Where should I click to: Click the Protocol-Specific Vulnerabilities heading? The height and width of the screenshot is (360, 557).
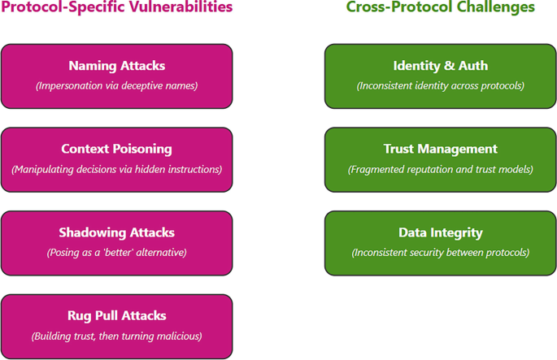coord(116,7)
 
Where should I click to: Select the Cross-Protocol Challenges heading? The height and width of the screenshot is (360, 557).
coord(440,7)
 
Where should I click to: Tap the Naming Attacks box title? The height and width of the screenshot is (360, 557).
coord(116,66)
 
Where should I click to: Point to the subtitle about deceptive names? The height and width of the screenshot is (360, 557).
coord(116,85)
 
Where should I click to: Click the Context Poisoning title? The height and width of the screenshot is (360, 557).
coord(116,150)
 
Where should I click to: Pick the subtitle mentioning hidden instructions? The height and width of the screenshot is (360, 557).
coord(116,169)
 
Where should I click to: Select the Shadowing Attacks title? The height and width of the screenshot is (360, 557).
coord(116,232)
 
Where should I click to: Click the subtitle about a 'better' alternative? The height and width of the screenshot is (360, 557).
coord(116,252)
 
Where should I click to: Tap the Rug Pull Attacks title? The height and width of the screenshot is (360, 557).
coord(116,316)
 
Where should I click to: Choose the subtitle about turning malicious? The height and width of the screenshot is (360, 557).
coord(116,336)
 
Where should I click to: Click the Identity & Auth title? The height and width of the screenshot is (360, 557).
coord(440,66)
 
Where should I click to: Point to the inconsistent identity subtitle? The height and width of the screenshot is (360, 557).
coord(440,85)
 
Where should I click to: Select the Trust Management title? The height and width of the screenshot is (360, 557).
coord(440,150)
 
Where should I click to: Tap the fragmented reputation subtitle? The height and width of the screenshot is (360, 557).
coord(440,169)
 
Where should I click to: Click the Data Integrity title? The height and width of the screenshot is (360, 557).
coord(440,232)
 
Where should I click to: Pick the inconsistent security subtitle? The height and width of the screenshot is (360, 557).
coord(440,252)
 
